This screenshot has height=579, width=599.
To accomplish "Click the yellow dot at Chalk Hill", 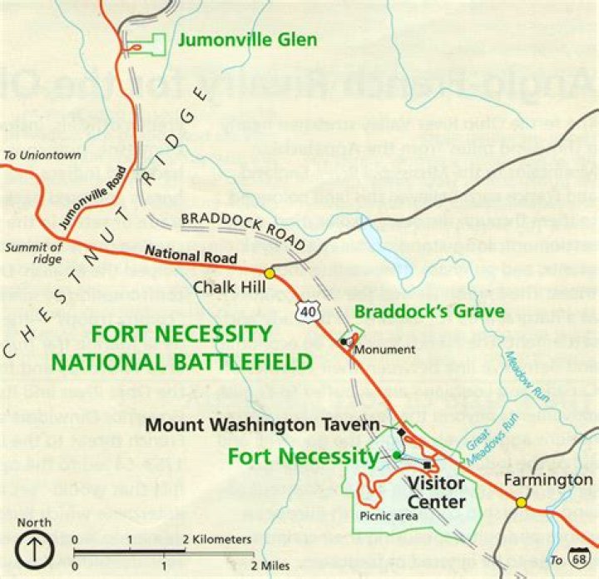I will coord(270,273).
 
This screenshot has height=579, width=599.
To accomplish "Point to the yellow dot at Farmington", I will coord(521,502).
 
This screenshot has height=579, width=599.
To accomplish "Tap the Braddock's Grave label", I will coord(430,311).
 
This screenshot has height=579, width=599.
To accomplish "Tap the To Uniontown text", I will coord(31,155).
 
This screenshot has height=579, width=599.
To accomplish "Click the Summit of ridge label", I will coord(32,252).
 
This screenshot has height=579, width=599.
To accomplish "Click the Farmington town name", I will coord(546,481).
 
